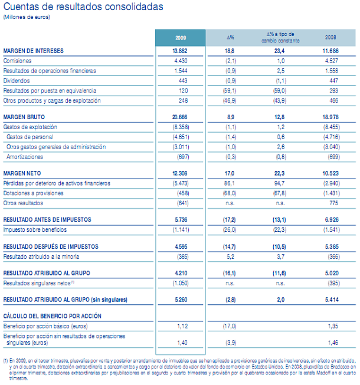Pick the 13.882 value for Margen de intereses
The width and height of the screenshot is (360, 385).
pos(183,51)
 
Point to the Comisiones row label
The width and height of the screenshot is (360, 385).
pos(18,61)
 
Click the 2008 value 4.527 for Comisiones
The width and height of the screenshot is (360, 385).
pos(332,61)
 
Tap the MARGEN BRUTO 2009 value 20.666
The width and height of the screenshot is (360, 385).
pos(183,117)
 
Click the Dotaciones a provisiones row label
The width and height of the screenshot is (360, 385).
pos(31,193)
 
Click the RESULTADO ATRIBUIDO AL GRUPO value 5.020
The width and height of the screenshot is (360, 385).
pos(332,273)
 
